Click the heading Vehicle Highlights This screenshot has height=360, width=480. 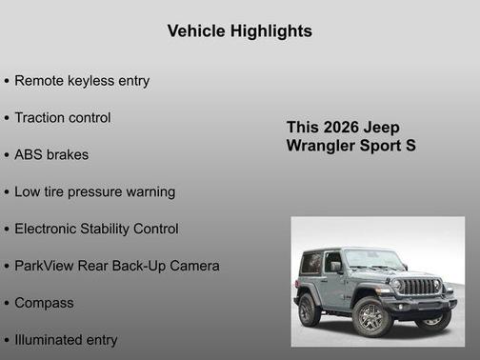239,31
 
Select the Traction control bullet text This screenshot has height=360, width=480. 63,118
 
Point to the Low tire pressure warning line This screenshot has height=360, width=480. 94,191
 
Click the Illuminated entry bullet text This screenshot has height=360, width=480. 66,340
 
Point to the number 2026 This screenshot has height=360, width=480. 342,128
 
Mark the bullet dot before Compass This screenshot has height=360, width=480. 7,304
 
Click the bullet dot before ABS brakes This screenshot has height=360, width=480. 7,155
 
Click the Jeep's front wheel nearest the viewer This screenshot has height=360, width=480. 372,316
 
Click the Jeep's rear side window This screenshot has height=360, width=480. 311,263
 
